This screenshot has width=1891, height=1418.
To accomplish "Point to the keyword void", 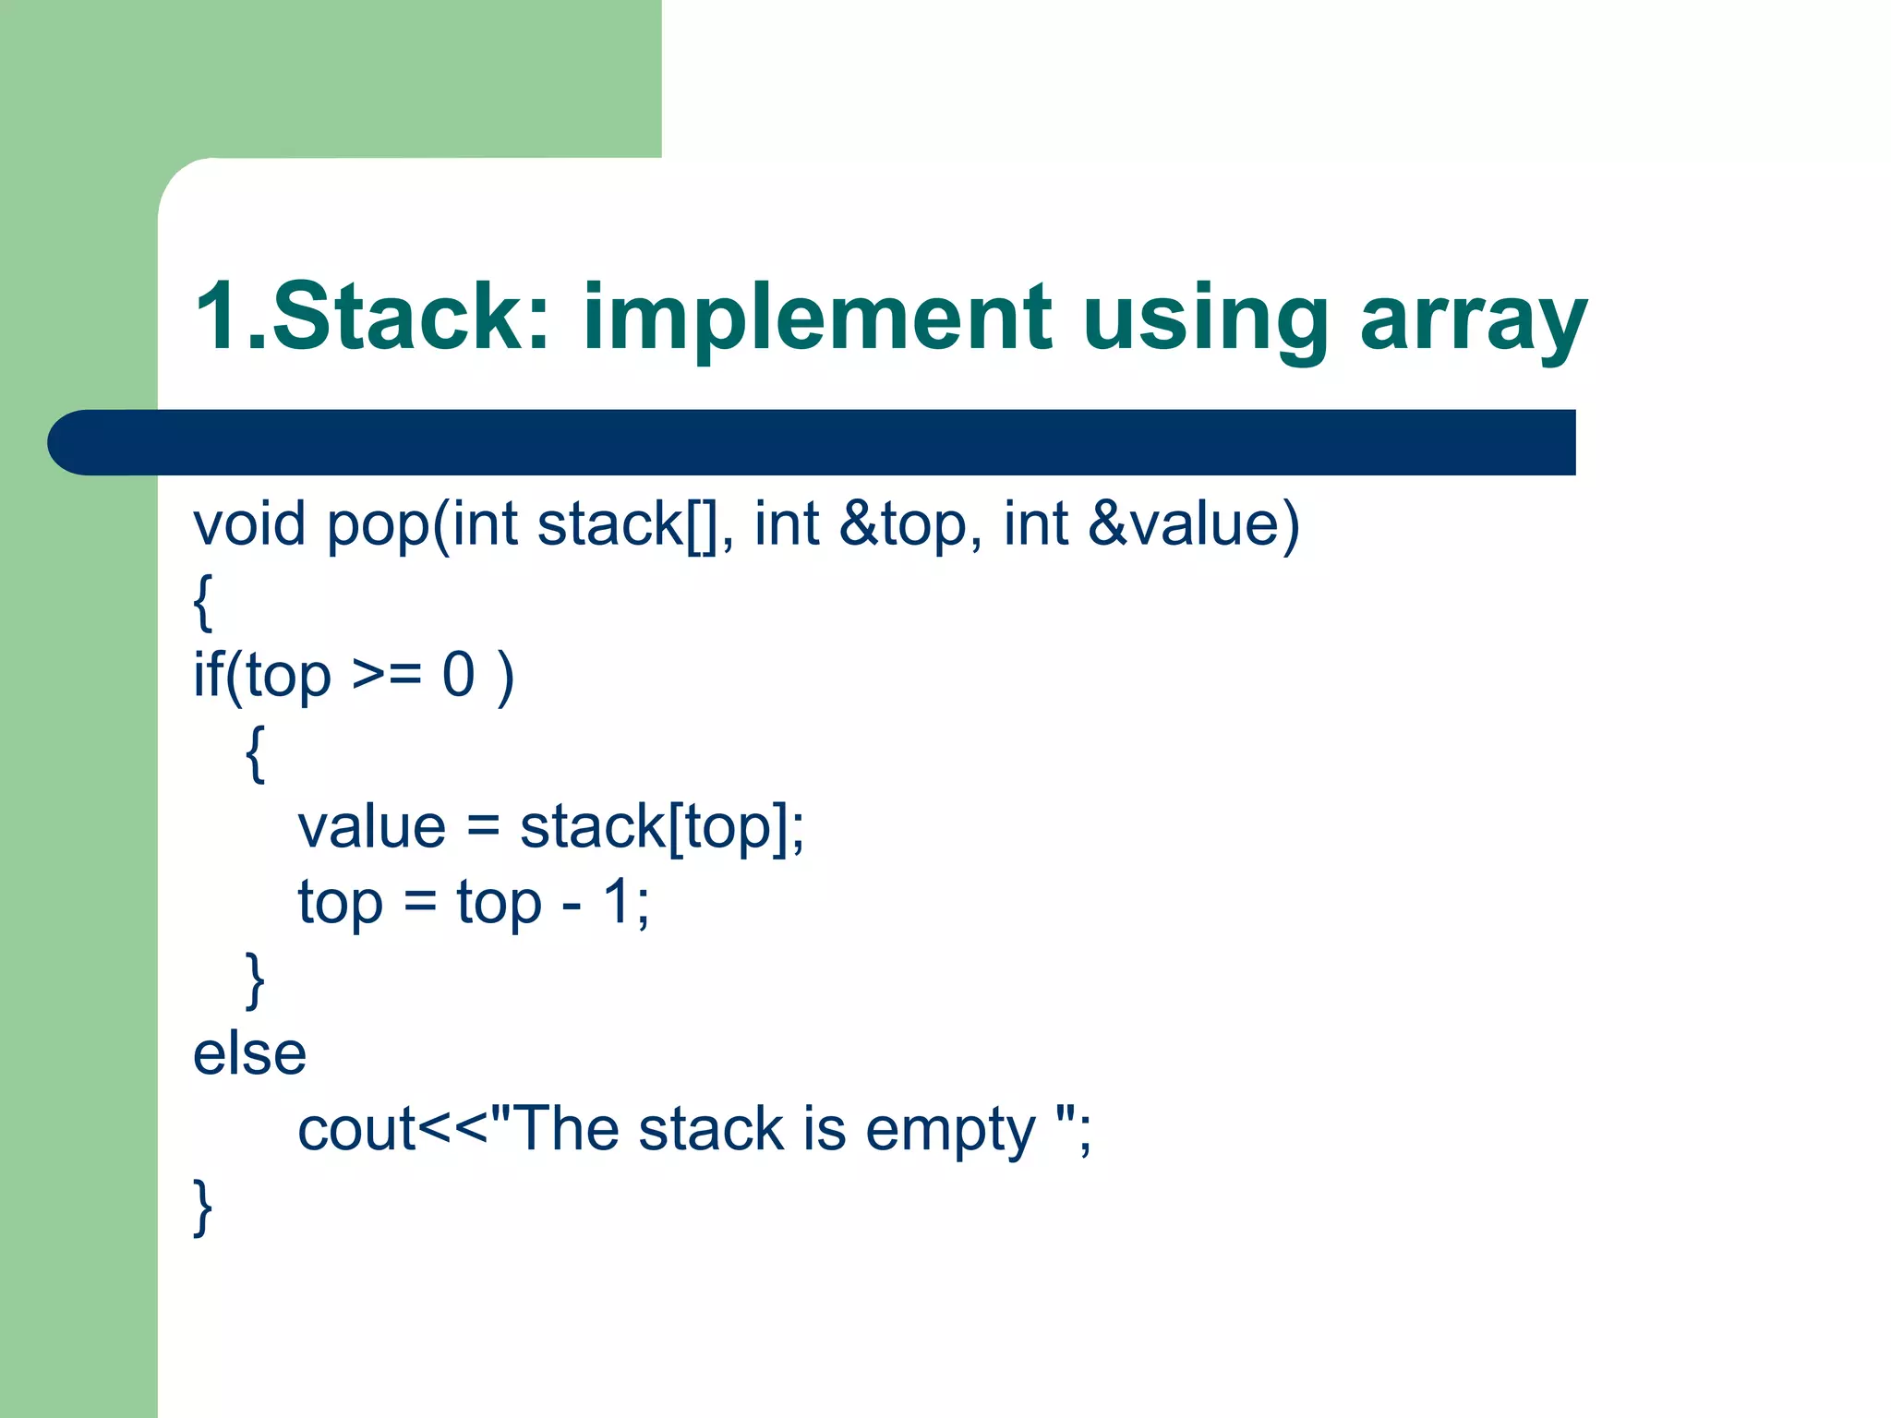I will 248,523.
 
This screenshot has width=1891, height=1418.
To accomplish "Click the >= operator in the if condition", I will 387,675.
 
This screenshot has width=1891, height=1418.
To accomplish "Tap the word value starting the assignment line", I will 371,826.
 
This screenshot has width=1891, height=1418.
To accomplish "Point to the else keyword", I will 249,1053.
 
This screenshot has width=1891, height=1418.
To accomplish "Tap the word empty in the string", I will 950,1131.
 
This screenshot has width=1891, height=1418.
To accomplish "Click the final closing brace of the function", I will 202,1206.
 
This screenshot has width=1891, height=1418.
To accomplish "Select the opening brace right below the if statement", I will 255,752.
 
